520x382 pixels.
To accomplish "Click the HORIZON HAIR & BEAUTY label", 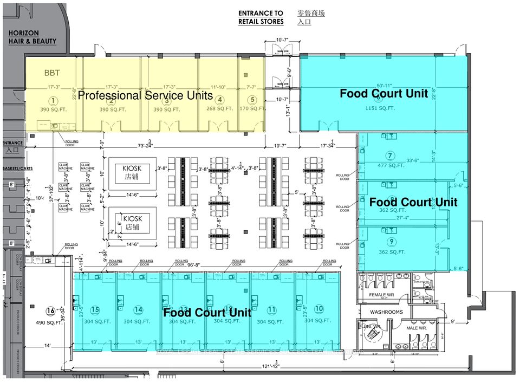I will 32,37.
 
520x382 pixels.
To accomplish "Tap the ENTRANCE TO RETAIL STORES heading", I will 261,17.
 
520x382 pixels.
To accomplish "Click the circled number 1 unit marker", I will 53,100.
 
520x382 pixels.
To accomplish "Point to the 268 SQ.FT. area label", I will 219,109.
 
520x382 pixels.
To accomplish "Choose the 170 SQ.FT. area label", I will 251,109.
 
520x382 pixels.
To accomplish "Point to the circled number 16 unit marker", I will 50,310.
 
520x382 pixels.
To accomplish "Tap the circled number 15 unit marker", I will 95,309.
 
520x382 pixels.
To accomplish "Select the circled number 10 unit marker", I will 318,309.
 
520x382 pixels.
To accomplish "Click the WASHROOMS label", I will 386,313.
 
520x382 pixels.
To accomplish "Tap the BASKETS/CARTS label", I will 15,169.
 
